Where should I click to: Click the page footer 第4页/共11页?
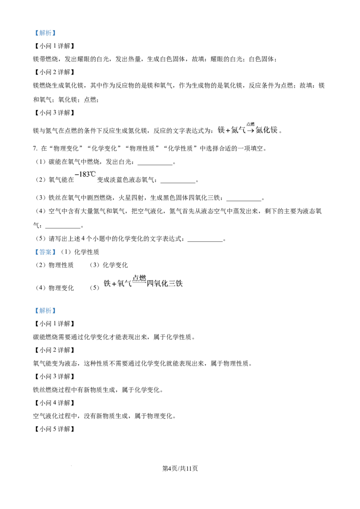tap(180, 468)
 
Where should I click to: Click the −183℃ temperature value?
tap(85, 174)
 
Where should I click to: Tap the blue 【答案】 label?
tap(45, 252)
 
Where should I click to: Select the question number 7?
tap(35, 148)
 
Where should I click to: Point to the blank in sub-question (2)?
tap(178, 183)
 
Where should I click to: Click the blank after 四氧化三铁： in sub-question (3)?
tap(244, 201)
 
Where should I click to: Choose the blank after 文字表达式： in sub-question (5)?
tap(205, 241)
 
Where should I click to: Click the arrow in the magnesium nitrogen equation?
tap(250, 131)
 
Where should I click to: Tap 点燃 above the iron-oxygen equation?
tap(139, 278)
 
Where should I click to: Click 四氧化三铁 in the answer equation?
tap(165, 284)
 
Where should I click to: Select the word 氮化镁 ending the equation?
tap(266, 130)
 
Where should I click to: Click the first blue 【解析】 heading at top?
tap(45, 33)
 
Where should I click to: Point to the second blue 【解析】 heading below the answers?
tap(45, 311)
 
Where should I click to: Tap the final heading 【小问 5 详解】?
tap(54, 429)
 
